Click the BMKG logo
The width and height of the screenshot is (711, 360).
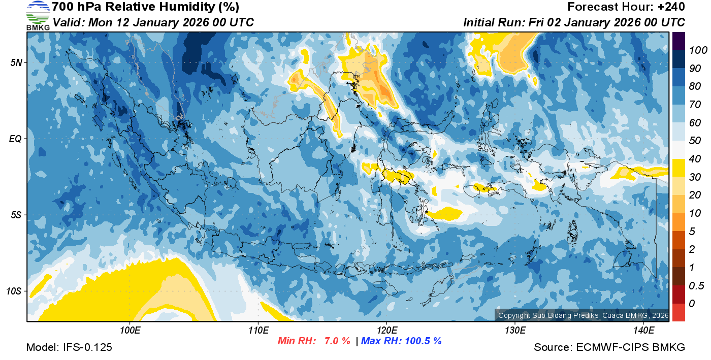(38, 16)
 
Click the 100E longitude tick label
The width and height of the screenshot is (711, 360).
(130, 331)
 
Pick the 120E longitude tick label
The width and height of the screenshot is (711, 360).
(386, 331)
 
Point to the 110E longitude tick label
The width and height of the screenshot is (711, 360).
(258, 331)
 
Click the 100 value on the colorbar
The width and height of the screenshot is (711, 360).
(694, 50)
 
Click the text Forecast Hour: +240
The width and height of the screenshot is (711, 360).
(626, 7)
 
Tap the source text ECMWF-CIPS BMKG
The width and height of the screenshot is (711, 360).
(630, 348)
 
